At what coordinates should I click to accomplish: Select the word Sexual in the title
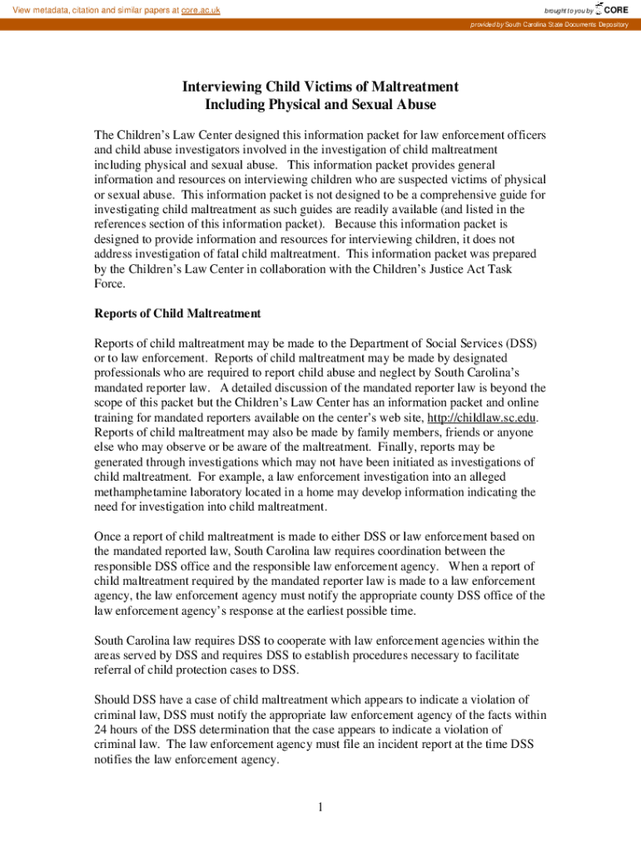click(375, 105)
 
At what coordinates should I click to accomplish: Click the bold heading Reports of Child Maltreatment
click(177, 313)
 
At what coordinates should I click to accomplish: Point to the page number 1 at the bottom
click(320, 806)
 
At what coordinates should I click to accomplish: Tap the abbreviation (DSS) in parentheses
click(520, 342)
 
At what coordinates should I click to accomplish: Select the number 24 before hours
click(102, 731)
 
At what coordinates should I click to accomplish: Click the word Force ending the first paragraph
click(110, 284)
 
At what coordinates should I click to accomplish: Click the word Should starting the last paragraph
click(112, 700)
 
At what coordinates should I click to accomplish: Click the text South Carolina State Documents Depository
click(566, 24)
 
